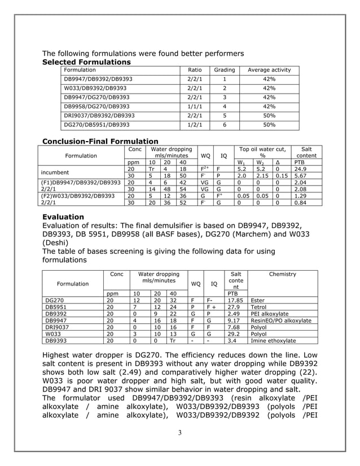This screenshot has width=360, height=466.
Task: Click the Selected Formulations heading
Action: [x=87, y=61]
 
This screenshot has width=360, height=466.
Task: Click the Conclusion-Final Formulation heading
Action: [x=100, y=141]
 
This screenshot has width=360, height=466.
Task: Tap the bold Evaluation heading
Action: [x=63, y=217]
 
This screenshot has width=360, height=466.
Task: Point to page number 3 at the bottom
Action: [x=179, y=433]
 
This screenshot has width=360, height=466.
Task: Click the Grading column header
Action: [x=224, y=70]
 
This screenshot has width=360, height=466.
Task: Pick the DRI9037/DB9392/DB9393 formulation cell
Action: [x=99, y=115]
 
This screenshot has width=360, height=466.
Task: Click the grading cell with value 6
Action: [x=224, y=124]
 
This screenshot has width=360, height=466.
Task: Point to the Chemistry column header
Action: [x=283, y=274]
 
